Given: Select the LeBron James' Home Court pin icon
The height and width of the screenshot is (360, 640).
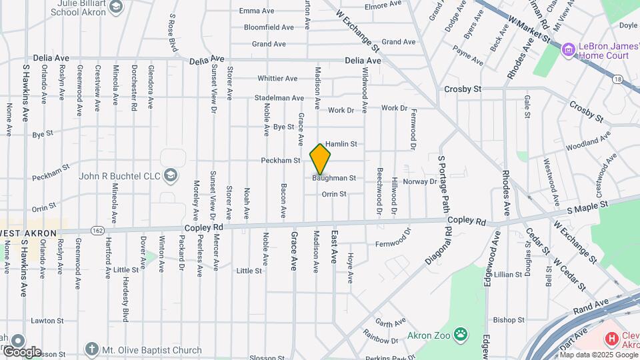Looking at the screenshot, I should click(567, 49).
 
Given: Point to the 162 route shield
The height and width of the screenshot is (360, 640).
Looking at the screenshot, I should click(98, 230).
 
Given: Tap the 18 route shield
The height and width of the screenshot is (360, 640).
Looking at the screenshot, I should click(618, 79).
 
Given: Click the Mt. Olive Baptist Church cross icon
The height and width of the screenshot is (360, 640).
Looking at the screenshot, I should click(91, 349).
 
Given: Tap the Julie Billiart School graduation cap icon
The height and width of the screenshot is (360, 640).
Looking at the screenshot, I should click(117, 7).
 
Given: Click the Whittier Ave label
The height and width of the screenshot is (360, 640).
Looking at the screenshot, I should click(277, 78).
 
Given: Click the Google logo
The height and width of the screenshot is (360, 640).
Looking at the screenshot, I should click(21, 351).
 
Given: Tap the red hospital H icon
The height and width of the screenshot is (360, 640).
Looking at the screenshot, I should click(611, 339).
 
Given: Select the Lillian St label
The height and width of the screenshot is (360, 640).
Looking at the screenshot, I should click(508, 275).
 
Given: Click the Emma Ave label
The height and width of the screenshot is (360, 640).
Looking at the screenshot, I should click(257, 11).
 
